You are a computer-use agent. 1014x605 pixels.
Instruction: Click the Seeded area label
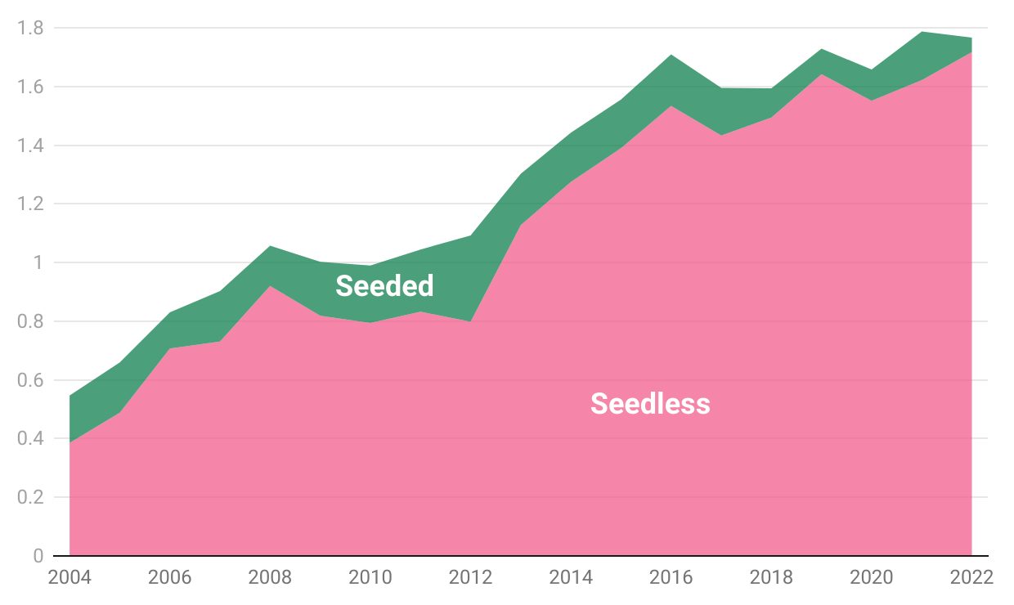[x=384, y=285]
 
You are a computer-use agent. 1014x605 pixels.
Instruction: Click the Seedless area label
[x=650, y=403]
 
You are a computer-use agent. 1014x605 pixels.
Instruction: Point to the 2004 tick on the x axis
[x=70, y=577]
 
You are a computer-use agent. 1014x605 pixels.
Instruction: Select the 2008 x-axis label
[x=270, y=577]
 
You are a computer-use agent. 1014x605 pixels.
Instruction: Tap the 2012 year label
[x=471, y=577]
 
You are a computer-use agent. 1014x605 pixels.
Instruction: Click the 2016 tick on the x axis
[x=671, y=577]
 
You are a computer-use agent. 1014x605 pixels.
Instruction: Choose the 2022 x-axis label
[x=972, y=577]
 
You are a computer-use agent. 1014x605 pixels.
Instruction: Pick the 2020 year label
[x=872, y=577]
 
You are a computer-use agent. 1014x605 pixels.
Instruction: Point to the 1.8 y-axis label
[x=31, y=29]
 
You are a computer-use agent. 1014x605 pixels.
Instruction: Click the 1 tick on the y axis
[x=38, y=263]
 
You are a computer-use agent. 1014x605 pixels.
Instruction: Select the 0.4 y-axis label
[x=31, y=439]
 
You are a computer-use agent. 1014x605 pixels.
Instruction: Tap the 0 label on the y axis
[x=38, y=557]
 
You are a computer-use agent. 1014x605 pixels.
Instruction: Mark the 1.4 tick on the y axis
[x=31, y=146]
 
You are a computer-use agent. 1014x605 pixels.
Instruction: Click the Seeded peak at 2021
[x=922, y=31]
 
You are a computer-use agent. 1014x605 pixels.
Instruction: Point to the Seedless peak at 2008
[x=270, y=285]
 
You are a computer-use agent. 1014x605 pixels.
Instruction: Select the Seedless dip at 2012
[x=471, y=321]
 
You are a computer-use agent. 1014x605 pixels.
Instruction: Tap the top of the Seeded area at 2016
[x=671, y=55]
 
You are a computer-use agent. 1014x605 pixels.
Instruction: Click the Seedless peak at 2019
[x=822, y=74]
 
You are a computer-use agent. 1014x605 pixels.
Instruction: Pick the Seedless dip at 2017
[x=721, y=136]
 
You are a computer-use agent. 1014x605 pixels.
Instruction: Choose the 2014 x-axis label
[x=571, y=577]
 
